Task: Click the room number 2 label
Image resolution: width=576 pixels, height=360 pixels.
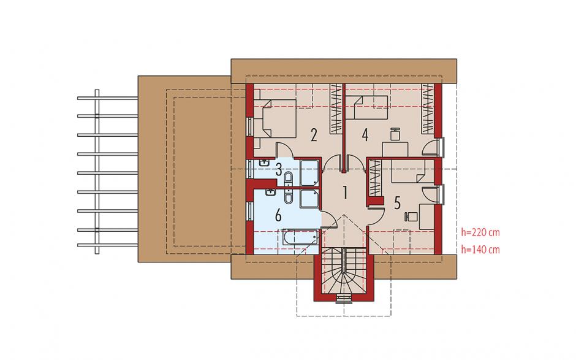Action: coord(313,135)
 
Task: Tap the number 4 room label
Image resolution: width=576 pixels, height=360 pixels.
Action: coord(365,135)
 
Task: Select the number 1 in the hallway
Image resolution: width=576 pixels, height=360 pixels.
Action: coord(344,193)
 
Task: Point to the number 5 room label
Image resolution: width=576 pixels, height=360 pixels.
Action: coord(397,202)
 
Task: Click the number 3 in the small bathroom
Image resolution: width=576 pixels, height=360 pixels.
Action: coord(279,170)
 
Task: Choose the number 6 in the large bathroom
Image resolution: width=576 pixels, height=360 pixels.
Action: coord(278,215)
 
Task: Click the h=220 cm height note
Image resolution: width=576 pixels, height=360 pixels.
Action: coord(480,232)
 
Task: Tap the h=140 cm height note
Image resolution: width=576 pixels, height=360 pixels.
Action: coord(480,250)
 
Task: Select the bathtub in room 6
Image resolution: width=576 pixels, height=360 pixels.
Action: coord(300,237)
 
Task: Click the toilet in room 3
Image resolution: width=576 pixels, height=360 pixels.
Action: coord(289,178)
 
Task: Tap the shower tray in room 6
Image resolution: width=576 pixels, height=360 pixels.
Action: coord(309,199)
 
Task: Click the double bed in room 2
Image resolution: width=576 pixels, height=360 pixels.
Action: coord(276,118)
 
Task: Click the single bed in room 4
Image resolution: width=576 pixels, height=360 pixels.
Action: coord(366,108)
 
